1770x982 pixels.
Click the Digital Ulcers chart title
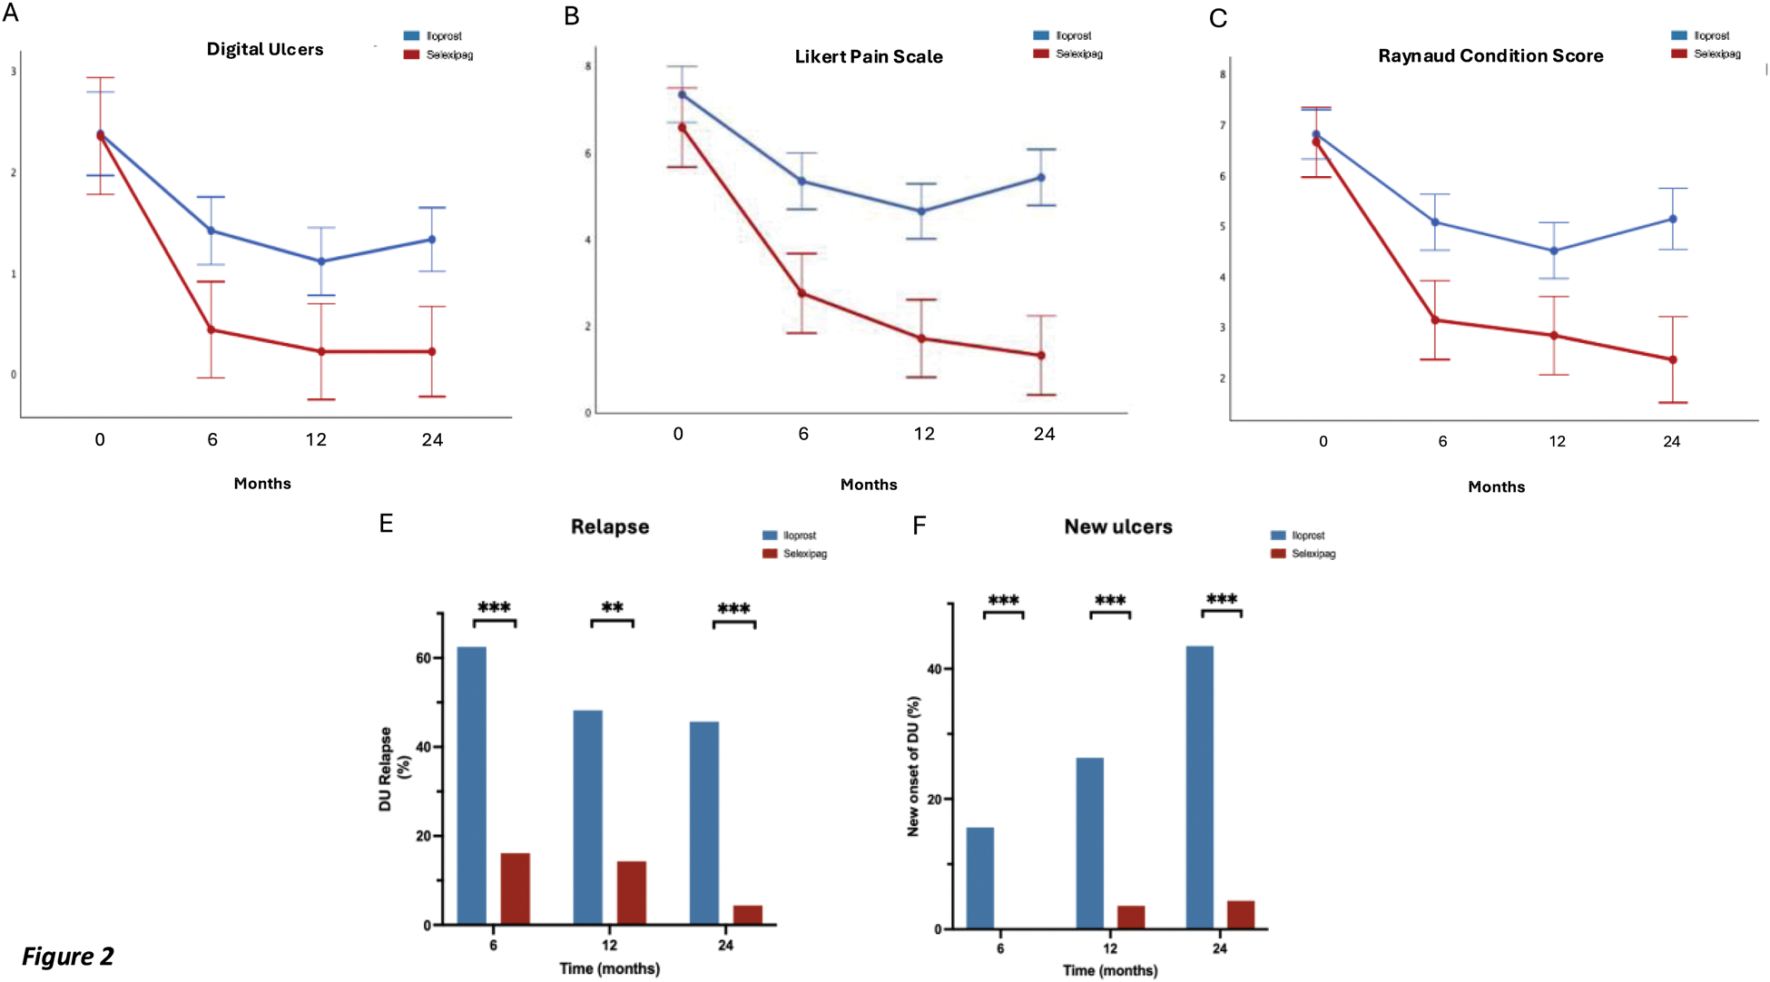coord(265,49)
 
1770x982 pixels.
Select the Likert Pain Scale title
coord(869,56)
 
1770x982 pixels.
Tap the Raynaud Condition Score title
coord(1490,55)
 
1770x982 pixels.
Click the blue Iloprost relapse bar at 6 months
coord(471,785)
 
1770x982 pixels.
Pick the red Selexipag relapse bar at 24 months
coord(748,915)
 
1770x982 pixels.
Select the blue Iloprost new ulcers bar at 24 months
coord(1199,787)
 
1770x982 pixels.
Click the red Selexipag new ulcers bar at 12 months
coord(1130,917)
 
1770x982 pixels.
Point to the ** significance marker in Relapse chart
coord(613,608)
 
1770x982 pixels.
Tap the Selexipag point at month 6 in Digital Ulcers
coord(211,329)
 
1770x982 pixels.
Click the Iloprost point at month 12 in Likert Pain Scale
coord(922,211)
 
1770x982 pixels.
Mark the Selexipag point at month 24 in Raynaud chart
coord(1673,359)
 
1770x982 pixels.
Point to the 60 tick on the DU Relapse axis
coord(423,658)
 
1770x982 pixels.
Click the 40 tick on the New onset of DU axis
coord(936,669)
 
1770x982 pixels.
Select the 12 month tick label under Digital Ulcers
coord(316,440)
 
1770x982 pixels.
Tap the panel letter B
coord(572,16)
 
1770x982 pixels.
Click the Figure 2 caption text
coord(68,957)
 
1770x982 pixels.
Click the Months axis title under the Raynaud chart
coord(1496,487)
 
